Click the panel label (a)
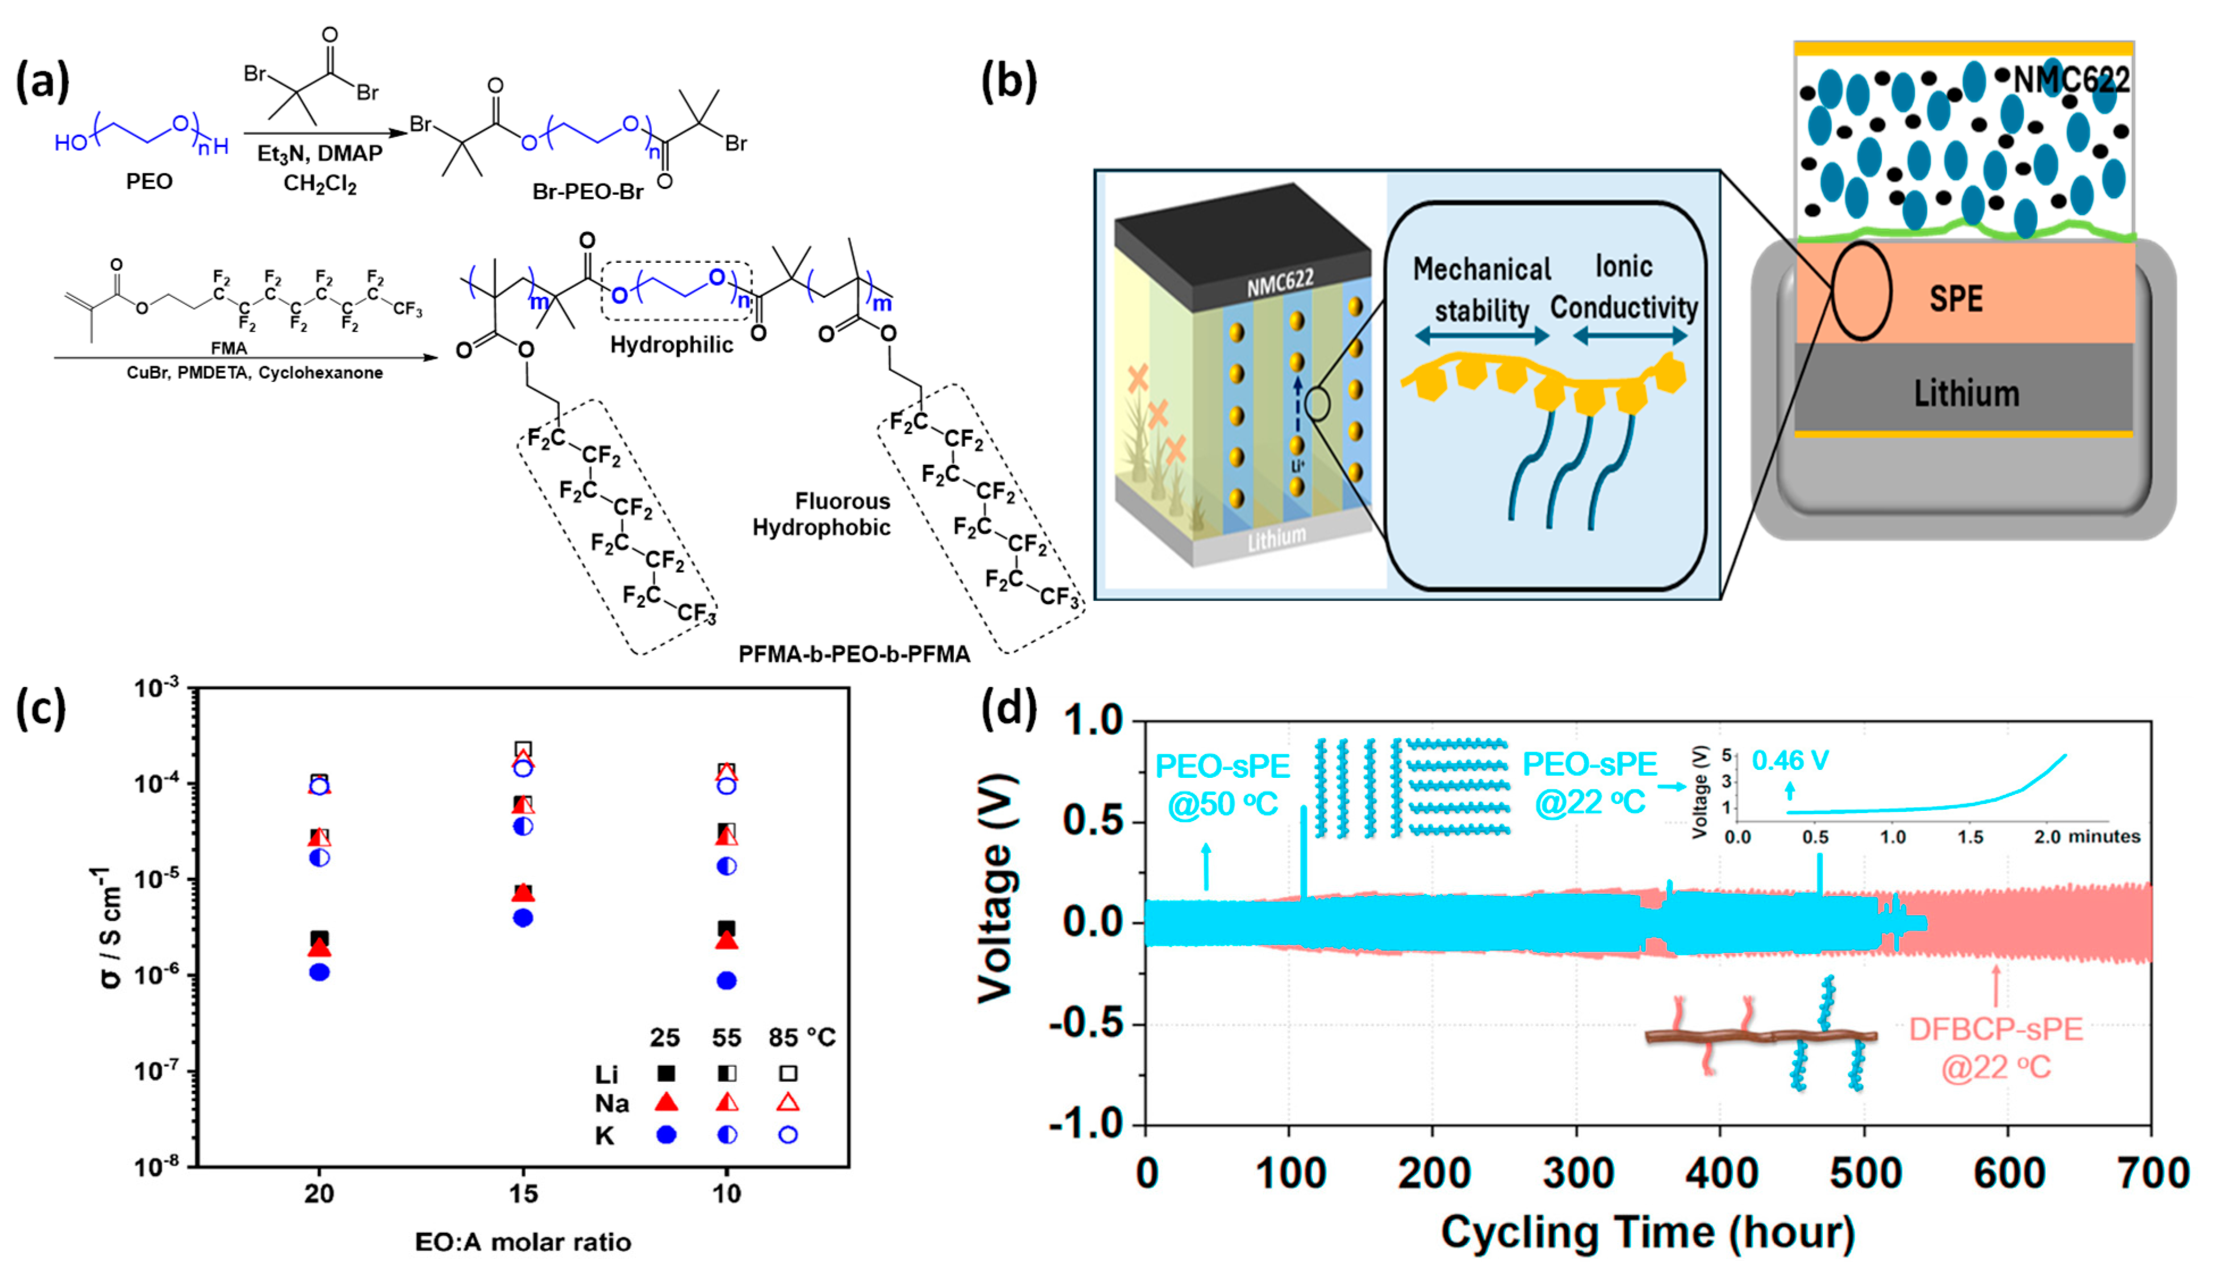click(42, 83)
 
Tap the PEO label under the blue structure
click(149, 182)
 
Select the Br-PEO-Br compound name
click(588, 191)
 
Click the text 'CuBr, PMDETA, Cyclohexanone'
click(255, 372)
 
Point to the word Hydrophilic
click(671, 345)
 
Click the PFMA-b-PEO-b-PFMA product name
click(854, 655)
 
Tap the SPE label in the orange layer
click(1956, 299)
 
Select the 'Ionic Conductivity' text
click(1624, 287)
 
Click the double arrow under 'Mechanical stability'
click(1481, 336)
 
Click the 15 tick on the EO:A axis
click(523, 1193)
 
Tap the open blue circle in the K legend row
click(788, 1135)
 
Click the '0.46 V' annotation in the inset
click(1790, 761)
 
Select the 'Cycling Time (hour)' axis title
click(1647, 1233)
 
